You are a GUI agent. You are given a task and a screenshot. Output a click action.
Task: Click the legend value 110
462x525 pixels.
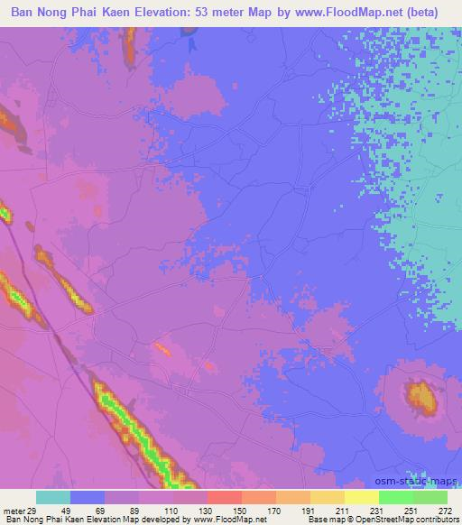[171, 510]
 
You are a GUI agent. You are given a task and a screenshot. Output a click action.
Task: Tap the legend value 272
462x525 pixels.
[446, 510]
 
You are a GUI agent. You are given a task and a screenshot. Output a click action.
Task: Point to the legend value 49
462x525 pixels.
[67, 510]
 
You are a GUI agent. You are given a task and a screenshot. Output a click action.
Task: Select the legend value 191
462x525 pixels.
[308, 510]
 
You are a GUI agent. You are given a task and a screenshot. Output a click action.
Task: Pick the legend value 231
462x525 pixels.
[377, 510]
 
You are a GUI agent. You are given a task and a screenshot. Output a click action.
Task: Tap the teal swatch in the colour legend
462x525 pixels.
[53, 497]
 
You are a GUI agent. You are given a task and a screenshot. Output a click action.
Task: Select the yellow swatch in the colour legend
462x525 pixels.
[362, 497]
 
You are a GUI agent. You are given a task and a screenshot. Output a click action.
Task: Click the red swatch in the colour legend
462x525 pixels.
[224, 497]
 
